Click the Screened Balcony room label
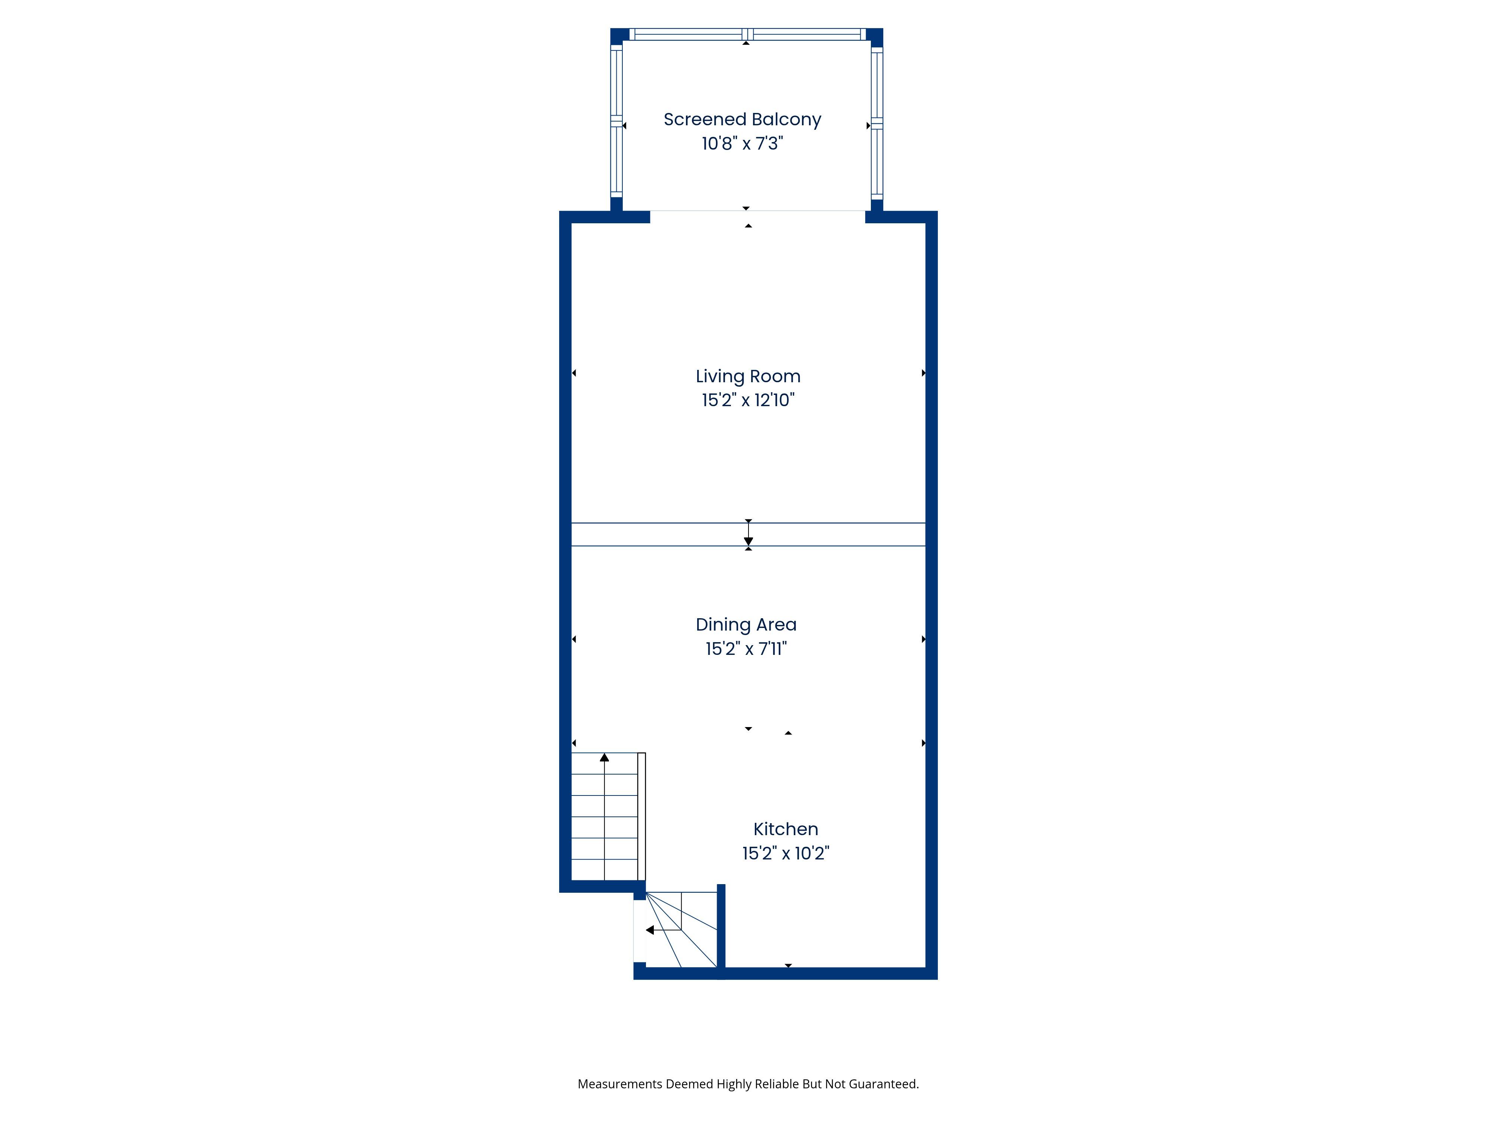743,120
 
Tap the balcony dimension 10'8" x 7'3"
743,143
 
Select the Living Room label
748,377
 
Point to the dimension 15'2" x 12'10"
748,401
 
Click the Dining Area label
746,625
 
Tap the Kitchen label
786,829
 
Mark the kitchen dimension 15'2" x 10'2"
786,853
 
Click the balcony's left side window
616,122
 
